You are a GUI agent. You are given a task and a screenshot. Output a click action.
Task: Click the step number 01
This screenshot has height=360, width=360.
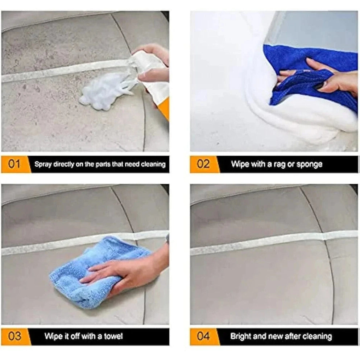(14, 164)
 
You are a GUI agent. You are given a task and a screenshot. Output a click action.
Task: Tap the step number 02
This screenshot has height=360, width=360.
(203, 164)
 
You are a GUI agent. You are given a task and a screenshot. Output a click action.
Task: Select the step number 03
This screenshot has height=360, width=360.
(15, 336)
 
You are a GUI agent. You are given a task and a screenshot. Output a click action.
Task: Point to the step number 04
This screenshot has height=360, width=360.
(203, 336)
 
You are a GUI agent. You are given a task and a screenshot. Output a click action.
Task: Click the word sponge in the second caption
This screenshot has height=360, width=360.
(309, 164)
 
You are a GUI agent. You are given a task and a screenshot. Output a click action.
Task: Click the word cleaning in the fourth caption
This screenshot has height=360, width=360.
(317, 336)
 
